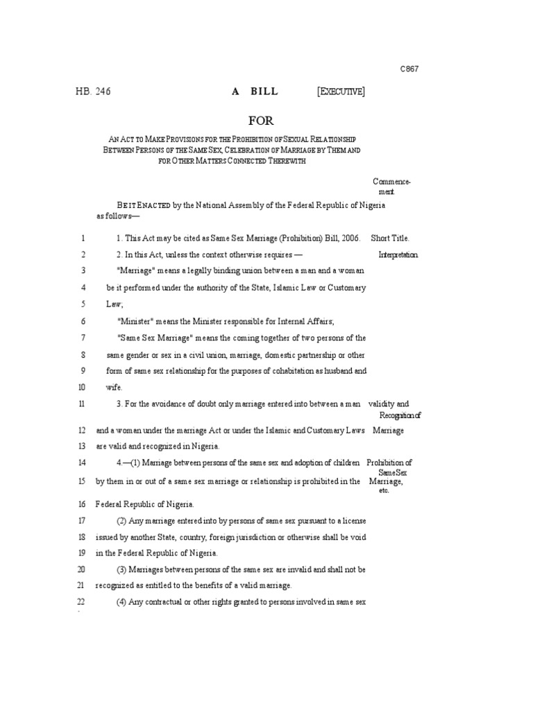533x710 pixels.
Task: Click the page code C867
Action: tap(409, 69)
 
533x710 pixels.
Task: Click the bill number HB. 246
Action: tap(93, 91)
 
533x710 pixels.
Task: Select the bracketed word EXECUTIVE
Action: tap(341, 91)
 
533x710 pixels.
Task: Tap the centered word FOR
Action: tap(262, 121)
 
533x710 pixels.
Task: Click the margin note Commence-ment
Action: tap(391, 186)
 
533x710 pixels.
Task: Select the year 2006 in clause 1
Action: tap(350, 237)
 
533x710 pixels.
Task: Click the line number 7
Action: tap(83, 338)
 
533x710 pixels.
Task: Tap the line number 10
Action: tap(83, 388)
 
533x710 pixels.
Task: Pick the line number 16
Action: tap(82, 504)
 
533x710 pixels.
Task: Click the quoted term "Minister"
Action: tap(135, 321)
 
